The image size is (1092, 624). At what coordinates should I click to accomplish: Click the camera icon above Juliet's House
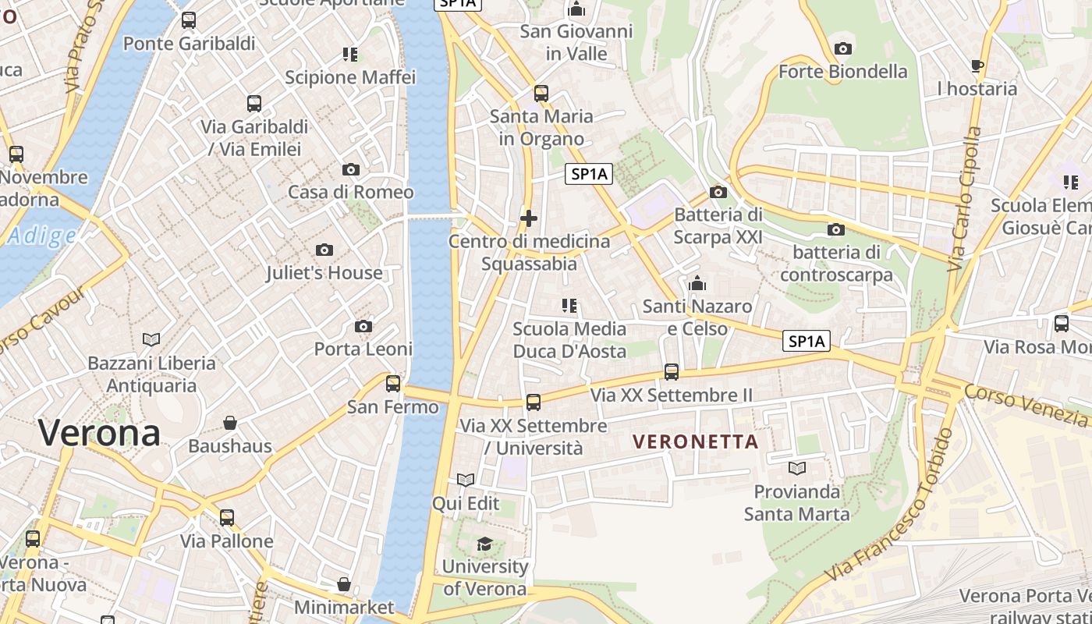click(324, 250)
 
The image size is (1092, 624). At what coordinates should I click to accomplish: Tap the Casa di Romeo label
click(351, 192)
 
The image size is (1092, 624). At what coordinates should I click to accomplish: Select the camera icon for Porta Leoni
click(363, 327)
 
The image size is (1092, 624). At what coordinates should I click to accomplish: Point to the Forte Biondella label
click(843, 72)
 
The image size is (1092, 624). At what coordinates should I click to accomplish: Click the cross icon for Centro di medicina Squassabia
click(529, 218)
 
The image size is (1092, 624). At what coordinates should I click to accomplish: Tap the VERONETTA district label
click(696, 441)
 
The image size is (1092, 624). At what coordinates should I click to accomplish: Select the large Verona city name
click(99, 432)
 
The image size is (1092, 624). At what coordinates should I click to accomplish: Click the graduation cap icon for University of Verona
click(485, 544)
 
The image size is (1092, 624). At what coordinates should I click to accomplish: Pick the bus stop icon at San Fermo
click(393, 384)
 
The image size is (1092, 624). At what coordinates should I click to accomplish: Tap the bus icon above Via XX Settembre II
click(672, 372)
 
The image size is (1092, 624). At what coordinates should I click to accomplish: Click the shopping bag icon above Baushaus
click(230, 424)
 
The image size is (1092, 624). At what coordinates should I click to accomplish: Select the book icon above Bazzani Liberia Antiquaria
click(151, 340)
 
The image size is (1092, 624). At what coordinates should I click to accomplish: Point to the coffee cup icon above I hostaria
click(977, 66)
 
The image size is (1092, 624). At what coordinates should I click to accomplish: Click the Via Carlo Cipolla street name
click(963, 199)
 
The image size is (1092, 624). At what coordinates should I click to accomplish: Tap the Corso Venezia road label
click(1026, 405)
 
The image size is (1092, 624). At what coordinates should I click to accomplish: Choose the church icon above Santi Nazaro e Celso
click(697, 283)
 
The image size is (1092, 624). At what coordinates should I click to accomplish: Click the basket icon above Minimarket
click(344, 584)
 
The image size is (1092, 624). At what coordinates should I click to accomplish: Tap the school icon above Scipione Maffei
click(350, 55)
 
